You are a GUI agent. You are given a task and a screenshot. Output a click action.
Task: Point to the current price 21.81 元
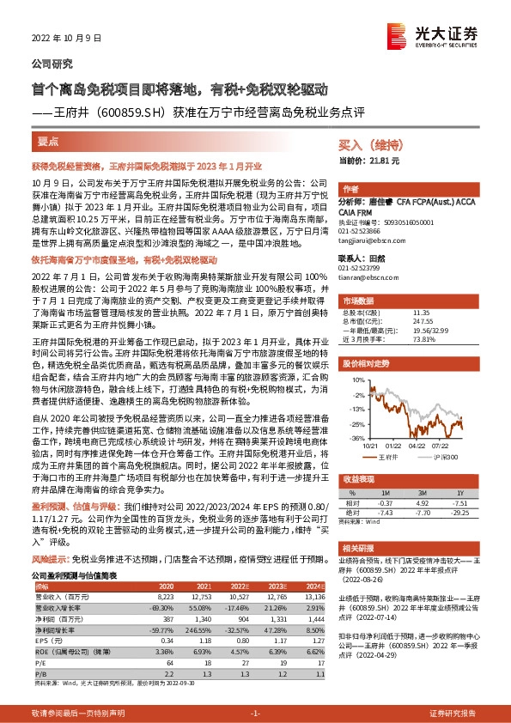[381, 161]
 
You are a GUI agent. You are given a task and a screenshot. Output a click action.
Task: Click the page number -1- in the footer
[255, 713]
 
